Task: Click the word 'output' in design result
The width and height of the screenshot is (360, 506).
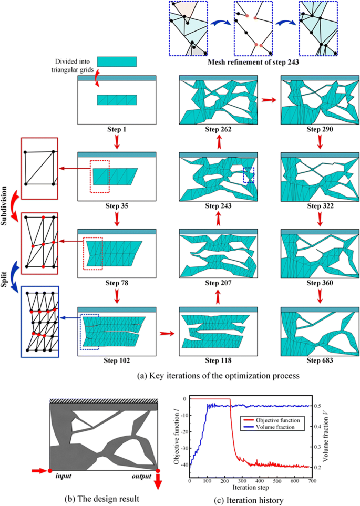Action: click(x=140, y=477)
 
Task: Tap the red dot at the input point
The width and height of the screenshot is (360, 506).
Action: click(x=50, y=470)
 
